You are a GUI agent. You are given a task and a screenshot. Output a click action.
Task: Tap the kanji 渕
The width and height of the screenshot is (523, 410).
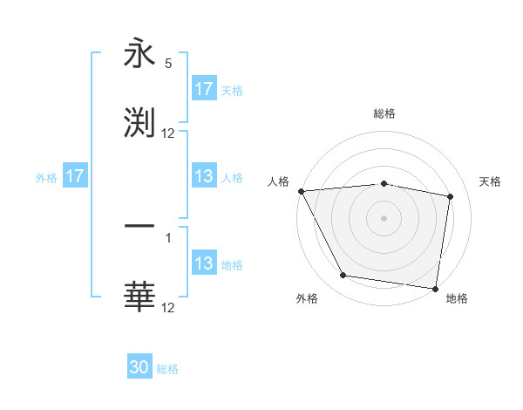(x=139, y=121)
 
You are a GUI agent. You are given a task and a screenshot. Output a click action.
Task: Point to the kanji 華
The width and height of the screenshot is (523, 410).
(x=139, y=296)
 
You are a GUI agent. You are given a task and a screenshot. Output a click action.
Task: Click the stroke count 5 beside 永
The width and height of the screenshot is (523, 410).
(x=168, y=64)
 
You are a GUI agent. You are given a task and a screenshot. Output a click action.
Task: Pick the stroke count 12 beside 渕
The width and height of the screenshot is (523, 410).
(x=168, y=133)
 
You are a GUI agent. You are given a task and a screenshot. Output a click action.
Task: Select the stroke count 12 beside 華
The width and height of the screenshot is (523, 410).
(x=168, y=308)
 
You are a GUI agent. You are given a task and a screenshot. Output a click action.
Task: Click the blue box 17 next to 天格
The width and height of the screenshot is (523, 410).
(x=204, y=89)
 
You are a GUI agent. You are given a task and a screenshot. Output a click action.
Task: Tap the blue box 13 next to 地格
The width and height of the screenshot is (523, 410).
(x=204, y=263)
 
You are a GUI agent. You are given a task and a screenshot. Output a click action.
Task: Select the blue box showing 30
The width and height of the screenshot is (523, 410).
(x=139, y=367)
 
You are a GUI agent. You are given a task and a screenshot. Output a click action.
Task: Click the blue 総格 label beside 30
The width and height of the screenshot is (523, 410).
(x=168, y=369)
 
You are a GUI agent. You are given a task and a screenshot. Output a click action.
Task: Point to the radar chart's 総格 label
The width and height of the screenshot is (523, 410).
(x=384, y=113)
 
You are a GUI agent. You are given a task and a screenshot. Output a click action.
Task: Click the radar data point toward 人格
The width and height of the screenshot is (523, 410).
(x=302, y=191)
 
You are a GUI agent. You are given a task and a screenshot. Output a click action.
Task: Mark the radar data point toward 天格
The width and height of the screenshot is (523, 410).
(x=451, y=196)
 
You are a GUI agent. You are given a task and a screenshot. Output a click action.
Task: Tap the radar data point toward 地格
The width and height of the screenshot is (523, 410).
(x=436, y=289)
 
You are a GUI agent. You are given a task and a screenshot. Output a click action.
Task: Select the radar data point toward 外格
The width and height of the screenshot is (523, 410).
(x=343, y=276)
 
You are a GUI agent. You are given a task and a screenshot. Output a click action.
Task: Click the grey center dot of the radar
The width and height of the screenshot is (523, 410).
(x=384, y=217)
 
